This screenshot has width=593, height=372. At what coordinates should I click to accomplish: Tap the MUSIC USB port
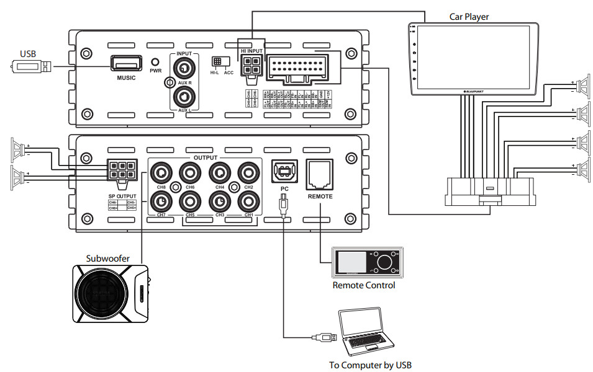(126, 64)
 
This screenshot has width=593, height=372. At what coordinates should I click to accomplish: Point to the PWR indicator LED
(155, 63)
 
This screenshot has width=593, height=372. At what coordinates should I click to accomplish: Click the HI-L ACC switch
(217, 61)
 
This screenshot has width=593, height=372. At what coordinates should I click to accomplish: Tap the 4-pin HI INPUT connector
(251, 65)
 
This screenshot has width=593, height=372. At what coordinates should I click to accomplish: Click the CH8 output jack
(161, 172)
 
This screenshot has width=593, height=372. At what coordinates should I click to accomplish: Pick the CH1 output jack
(248, 200)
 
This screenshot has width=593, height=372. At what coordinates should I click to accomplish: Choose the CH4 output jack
(219, 172)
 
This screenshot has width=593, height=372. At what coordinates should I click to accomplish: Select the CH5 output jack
(190, 200)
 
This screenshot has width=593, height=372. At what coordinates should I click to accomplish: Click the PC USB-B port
(284, 171)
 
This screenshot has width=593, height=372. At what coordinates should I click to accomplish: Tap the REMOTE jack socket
(320, 173)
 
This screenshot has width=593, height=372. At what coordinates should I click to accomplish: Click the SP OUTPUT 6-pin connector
(122, 170)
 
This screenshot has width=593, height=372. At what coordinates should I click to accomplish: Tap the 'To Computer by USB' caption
(370, 365)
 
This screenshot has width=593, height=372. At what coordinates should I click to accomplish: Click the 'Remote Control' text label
(363, 285)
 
